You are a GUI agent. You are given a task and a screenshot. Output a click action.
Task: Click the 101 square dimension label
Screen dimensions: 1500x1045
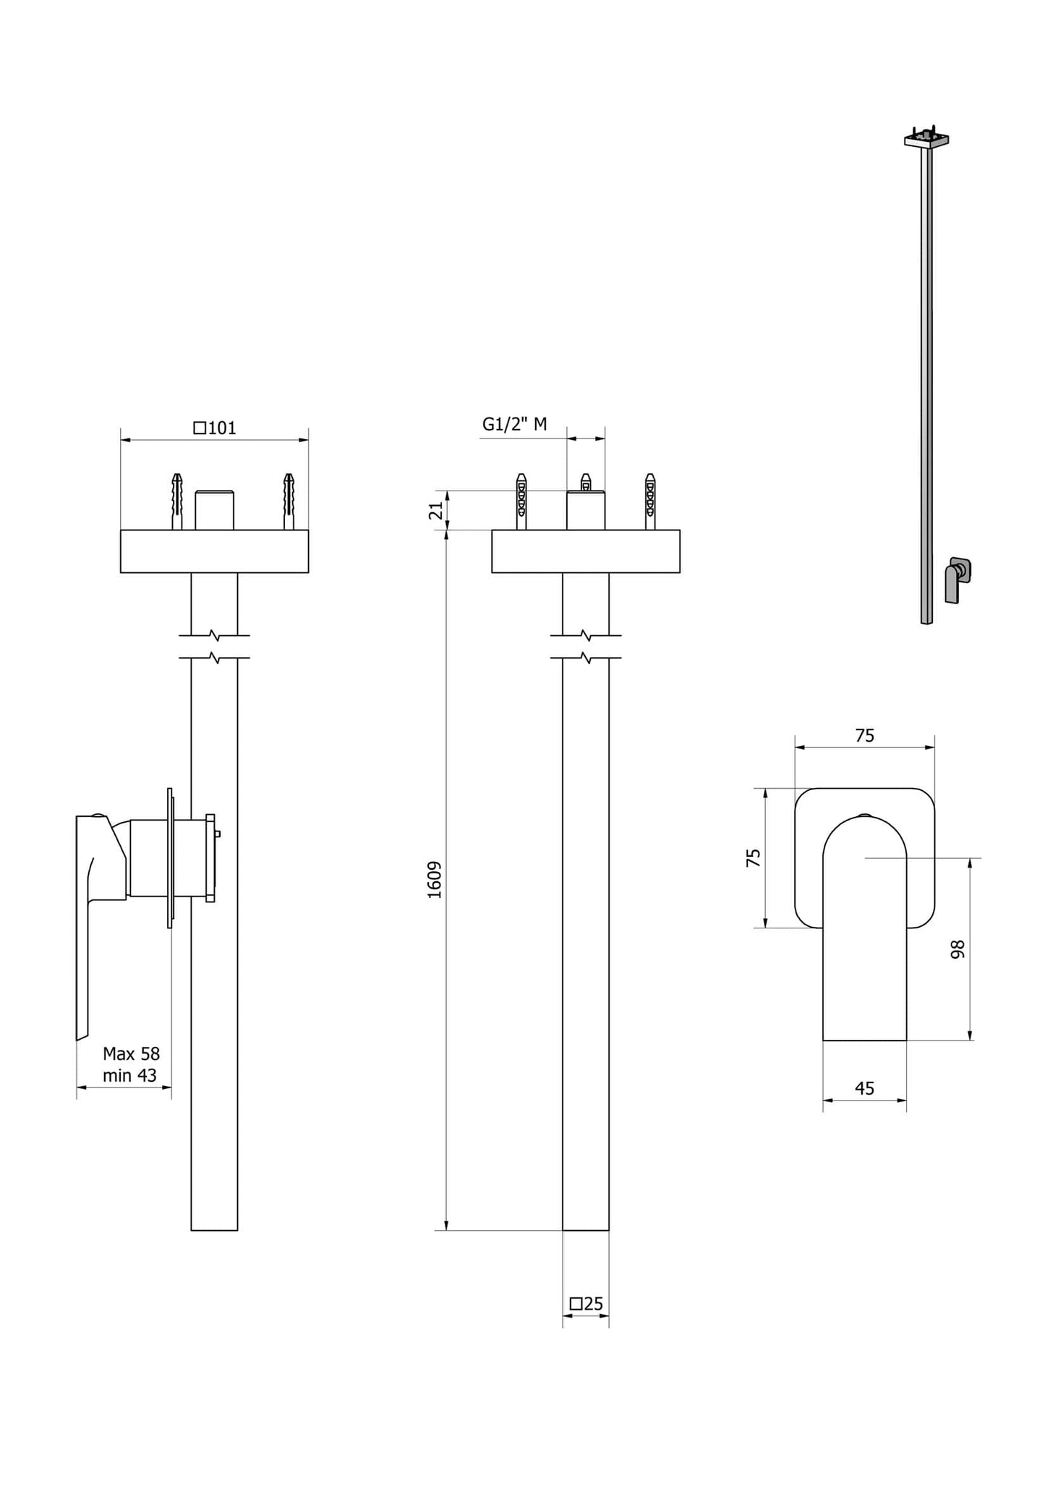216,428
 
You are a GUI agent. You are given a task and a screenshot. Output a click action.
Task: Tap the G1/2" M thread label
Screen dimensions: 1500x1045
514,424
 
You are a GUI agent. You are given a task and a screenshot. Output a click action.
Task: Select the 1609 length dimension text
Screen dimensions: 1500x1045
435,880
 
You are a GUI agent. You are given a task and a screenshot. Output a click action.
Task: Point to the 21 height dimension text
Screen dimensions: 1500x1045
436,511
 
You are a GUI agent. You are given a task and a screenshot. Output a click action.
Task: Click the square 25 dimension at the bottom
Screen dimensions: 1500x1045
586,1304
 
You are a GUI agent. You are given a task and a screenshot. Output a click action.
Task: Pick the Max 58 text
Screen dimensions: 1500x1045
131,1054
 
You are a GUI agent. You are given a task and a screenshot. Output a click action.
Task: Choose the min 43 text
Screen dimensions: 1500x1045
129,1075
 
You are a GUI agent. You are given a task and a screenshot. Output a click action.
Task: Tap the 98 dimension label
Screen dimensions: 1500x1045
957,949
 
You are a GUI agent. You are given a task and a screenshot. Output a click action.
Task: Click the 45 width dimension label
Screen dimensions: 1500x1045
864,1088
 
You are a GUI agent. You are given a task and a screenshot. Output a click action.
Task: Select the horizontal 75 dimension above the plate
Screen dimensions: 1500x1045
864,735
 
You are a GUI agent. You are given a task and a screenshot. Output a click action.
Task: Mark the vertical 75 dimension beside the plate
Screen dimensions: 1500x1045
754,858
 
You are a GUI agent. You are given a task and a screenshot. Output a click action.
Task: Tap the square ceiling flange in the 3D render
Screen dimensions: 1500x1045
926,140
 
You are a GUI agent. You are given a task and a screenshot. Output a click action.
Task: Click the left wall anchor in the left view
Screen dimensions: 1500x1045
176,501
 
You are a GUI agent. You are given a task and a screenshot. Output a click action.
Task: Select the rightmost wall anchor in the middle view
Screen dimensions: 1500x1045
650,501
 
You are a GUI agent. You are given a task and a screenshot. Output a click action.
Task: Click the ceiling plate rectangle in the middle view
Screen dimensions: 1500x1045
585,551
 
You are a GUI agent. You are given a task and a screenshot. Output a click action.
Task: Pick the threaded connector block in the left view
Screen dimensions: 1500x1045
214,510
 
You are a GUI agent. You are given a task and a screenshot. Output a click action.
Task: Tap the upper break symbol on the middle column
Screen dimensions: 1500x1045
586,636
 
